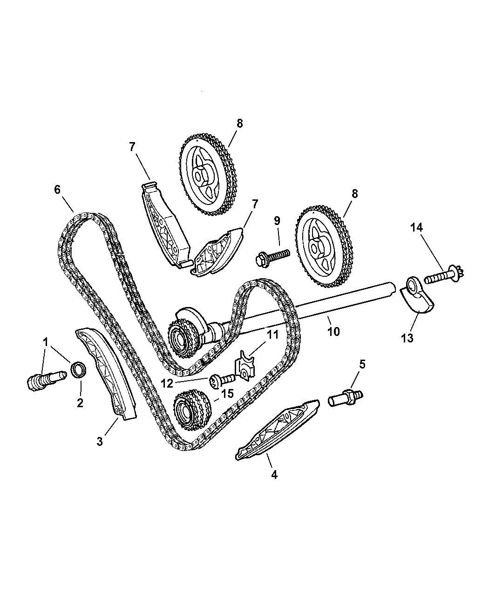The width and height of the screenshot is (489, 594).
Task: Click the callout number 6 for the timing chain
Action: (57, 190)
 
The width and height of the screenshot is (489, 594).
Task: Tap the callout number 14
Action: (416, 228)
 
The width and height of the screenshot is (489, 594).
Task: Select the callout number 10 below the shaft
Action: (333, 331)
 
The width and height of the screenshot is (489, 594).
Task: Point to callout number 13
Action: (407, 338)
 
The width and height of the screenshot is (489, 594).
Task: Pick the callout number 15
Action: (227, 394)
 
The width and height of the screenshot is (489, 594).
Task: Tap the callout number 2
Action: (80, 403)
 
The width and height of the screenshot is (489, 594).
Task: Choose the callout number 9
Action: (277, 220)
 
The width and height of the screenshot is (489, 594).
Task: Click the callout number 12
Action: (167, 384)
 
